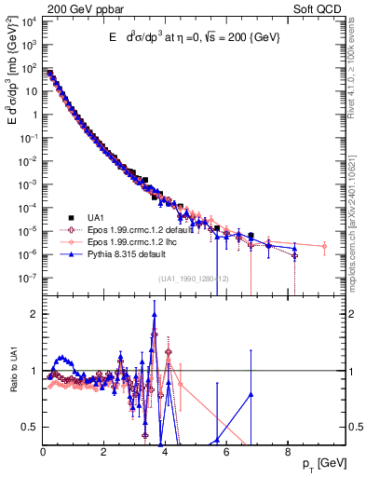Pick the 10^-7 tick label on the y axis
coord(28,278)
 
